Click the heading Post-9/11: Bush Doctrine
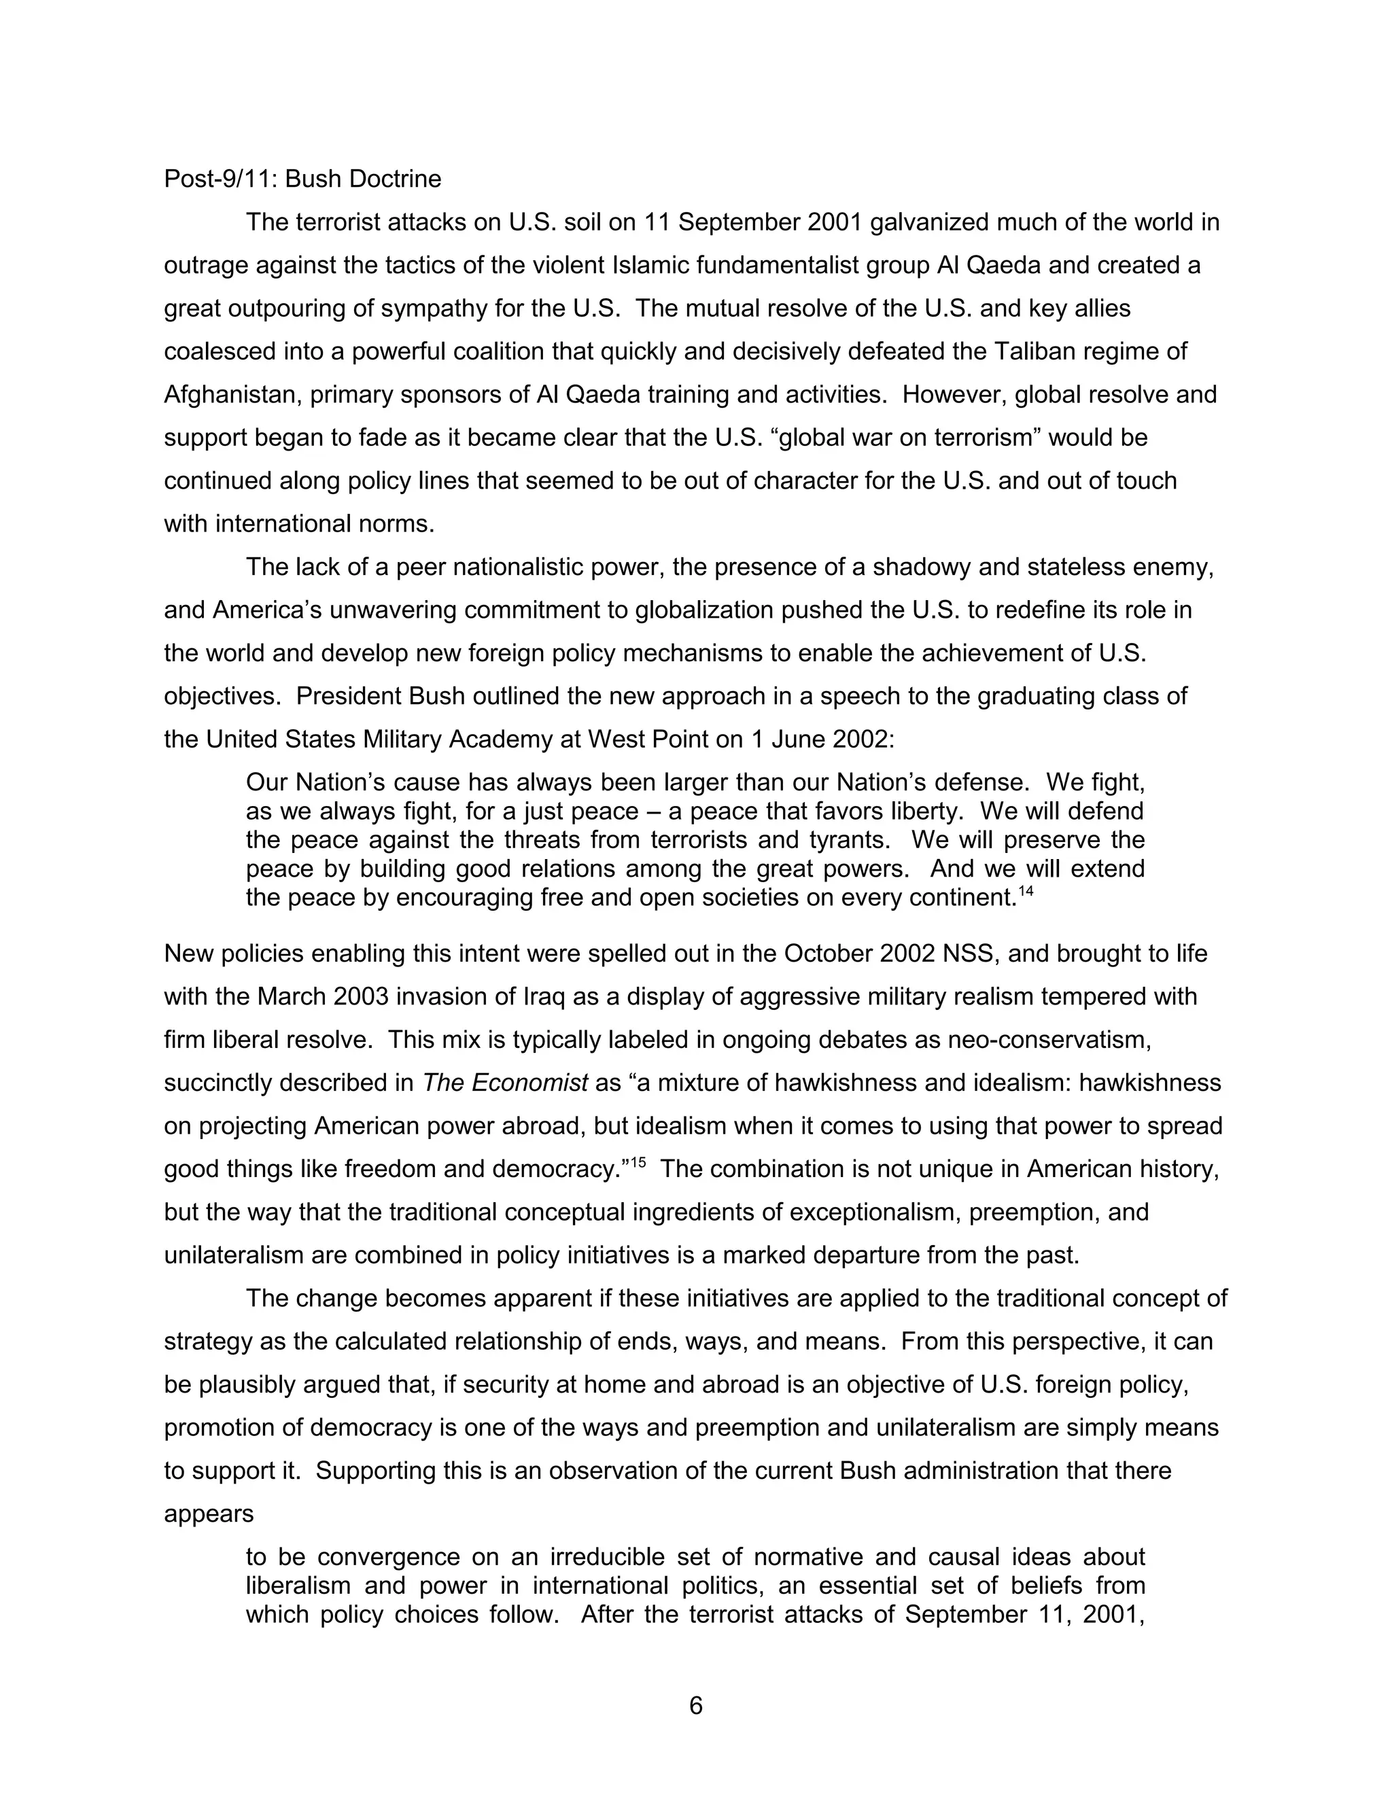[x=302, y=179]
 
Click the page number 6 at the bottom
[x=695, y=1705]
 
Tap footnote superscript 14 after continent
[x=1025, y=890]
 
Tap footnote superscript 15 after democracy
[x=638, y=1164]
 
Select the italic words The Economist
[x=505, y=1083]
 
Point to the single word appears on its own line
[x=208, y=1514]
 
